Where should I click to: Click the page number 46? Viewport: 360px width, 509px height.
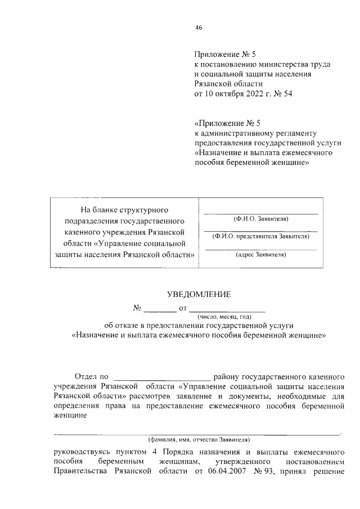(199, 28)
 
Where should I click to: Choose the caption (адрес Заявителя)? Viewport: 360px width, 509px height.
(260, 255)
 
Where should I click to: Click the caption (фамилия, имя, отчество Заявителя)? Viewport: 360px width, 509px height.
(199, 439)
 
